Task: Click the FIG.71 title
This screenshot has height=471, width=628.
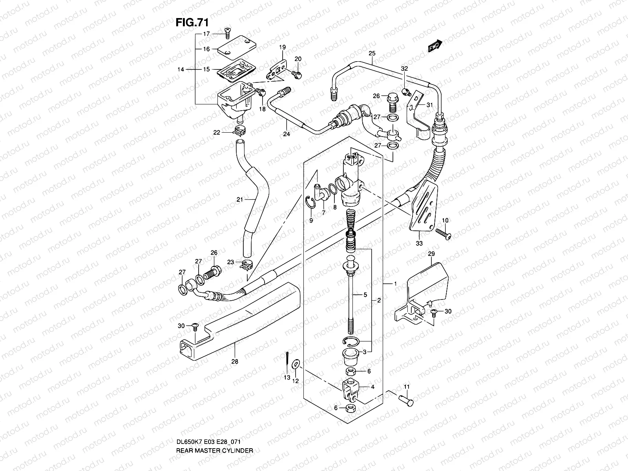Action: pos(191,22)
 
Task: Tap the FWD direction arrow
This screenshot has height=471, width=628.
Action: pos(435,46)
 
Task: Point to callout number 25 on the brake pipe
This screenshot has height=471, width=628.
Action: pos(372,53)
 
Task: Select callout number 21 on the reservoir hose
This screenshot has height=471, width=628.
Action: pos(240,200)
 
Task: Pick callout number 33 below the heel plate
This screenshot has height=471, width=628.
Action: pos(419,244)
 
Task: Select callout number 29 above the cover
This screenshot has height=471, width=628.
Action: pos(431,254)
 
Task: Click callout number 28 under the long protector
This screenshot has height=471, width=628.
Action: pos(235,361)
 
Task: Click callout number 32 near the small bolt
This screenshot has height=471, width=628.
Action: pos(405,68)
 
